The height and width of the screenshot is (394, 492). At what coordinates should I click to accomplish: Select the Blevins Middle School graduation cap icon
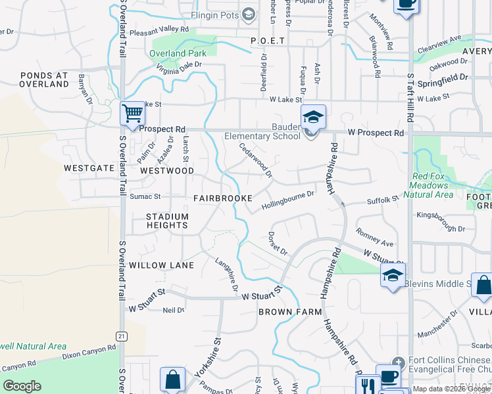click(393, 275)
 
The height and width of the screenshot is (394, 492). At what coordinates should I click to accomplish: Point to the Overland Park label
click(178, 53)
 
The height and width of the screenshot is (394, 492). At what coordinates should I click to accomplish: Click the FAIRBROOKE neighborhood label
click(223, 198)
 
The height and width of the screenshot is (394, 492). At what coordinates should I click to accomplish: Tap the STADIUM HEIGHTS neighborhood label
click(167, 221)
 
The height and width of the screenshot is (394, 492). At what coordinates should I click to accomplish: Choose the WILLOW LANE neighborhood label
click(162, 265)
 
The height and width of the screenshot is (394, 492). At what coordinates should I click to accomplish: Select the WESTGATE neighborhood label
click(89, 168)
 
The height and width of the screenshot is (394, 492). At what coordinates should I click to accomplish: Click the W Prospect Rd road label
click(376, 133)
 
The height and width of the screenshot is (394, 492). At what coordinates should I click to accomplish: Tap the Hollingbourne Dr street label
click(288, 200)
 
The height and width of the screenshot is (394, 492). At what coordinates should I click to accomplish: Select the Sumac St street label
click(146, 196)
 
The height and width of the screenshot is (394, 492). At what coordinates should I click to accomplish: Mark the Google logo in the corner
click(22, 386)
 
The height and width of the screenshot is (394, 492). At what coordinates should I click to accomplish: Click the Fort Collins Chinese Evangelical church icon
click(397, 362)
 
